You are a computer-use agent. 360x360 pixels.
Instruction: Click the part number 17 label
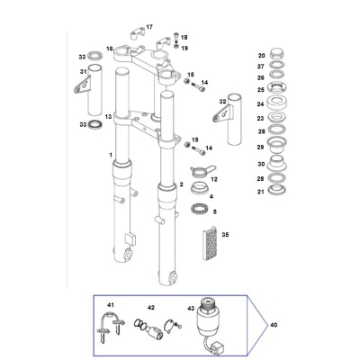(x=149, y=27)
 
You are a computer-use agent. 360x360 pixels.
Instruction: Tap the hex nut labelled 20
(x=277, y=54)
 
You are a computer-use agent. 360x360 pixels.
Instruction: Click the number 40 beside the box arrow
(x=274, y=325)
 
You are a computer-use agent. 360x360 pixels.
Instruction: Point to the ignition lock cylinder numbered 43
(x=206, y=318)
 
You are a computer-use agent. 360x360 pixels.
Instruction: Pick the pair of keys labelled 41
(x=110, y=326)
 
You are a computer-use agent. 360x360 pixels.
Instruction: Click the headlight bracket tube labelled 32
(x=231, y=119)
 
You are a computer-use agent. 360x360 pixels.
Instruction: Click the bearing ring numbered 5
(x=199, y=209)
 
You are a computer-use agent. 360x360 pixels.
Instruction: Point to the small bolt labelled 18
(x=176, y=37)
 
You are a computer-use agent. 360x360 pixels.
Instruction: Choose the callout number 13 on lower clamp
(x=108, y=116)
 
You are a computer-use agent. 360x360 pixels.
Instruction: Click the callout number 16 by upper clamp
(x=109, y=49)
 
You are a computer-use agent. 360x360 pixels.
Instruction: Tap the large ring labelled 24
(x=277, y=103)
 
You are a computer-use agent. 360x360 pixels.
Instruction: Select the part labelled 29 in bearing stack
(x=277, y=144)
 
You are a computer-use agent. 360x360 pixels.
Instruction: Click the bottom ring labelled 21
(x=277, y=189)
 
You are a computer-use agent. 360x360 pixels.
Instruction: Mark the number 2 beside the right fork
(x=181, y=184)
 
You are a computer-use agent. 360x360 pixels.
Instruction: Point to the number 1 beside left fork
(x=111, y=155)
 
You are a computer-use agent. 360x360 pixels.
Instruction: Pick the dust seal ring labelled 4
(x=200, y=189)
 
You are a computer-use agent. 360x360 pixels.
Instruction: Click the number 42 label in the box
(x=151, y=308)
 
